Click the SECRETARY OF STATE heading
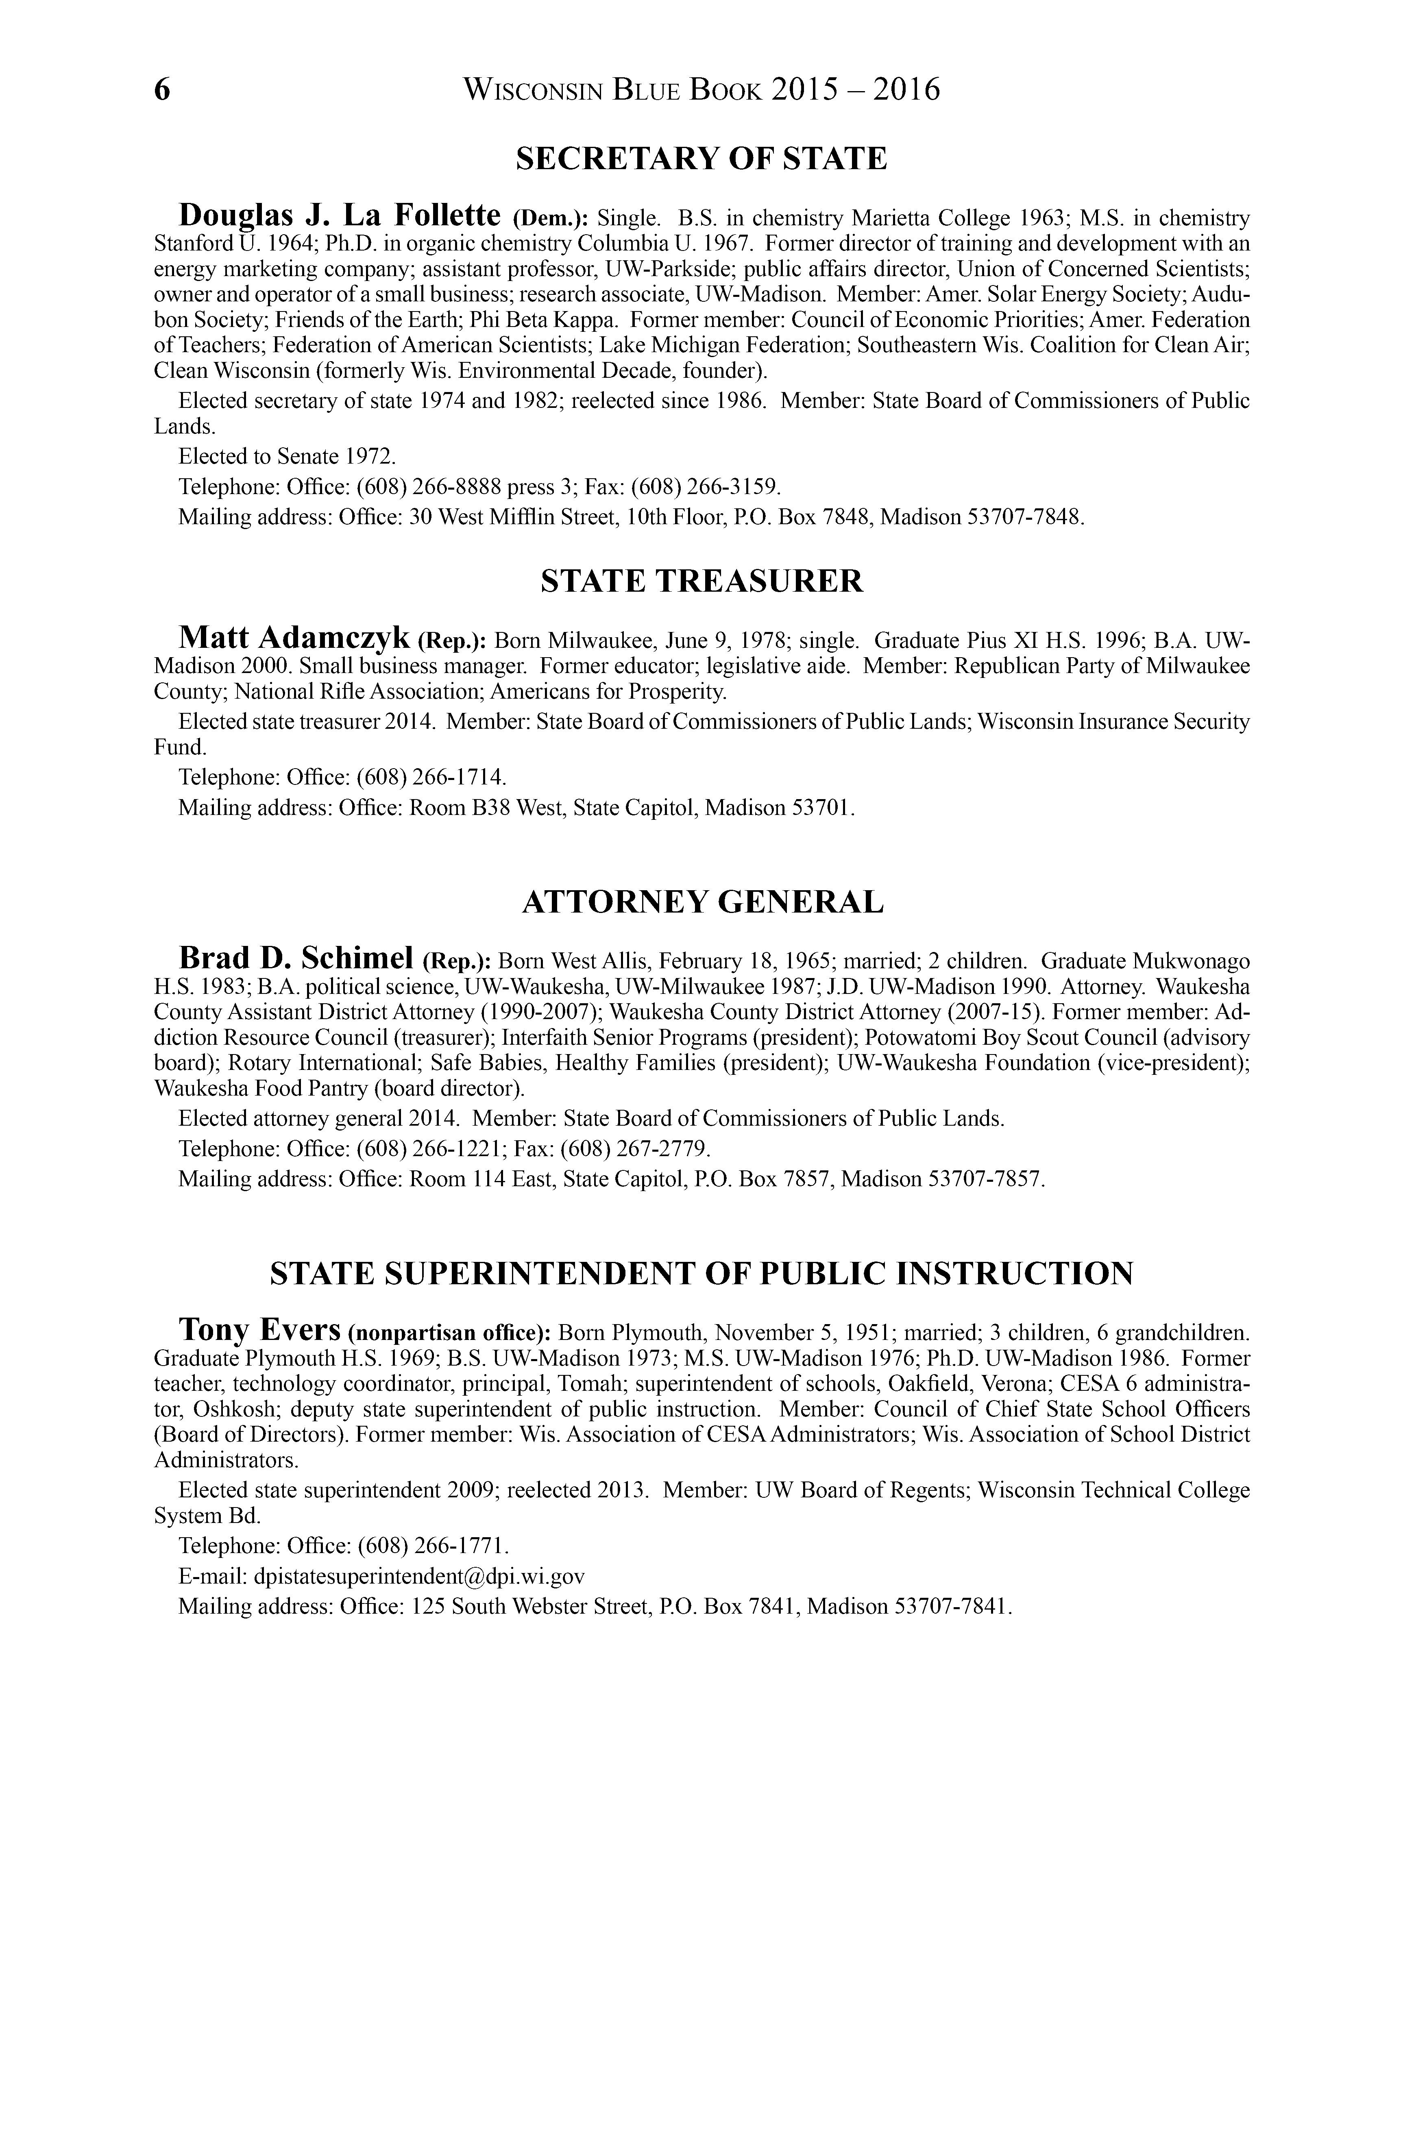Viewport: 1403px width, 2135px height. click(x=701, y=159)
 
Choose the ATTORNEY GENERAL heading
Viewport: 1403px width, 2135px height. click(x=701, y=902)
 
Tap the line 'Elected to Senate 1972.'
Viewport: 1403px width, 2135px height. click(x=287, y=457)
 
